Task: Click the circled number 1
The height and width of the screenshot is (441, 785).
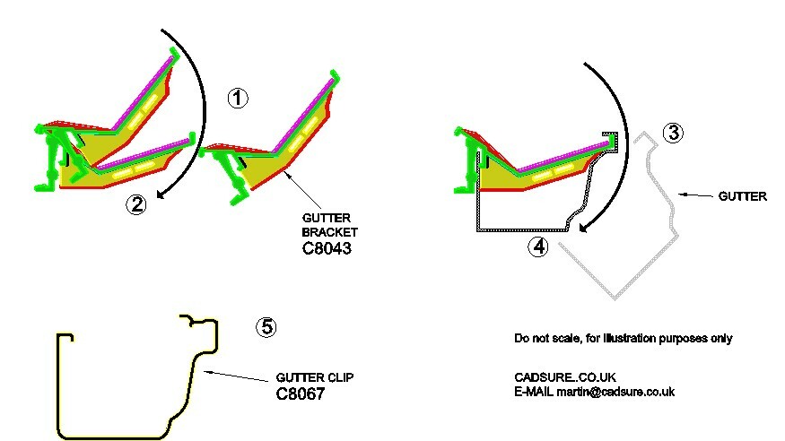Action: (x=236, y=99)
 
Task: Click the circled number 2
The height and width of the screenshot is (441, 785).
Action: (x=135, y=205)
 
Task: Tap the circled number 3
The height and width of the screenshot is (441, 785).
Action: (x=673, y=133)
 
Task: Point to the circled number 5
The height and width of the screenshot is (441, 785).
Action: (x=265, y=326)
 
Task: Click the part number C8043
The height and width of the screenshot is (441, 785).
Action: (x=327, y=249)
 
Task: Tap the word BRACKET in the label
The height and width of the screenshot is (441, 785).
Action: (x=327, y=232)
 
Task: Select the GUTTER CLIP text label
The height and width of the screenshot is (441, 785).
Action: (x=315, y=378)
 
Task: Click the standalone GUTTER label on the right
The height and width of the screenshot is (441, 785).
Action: (x=743, y=196)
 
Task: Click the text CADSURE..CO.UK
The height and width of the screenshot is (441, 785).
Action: (x=565, y=377)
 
